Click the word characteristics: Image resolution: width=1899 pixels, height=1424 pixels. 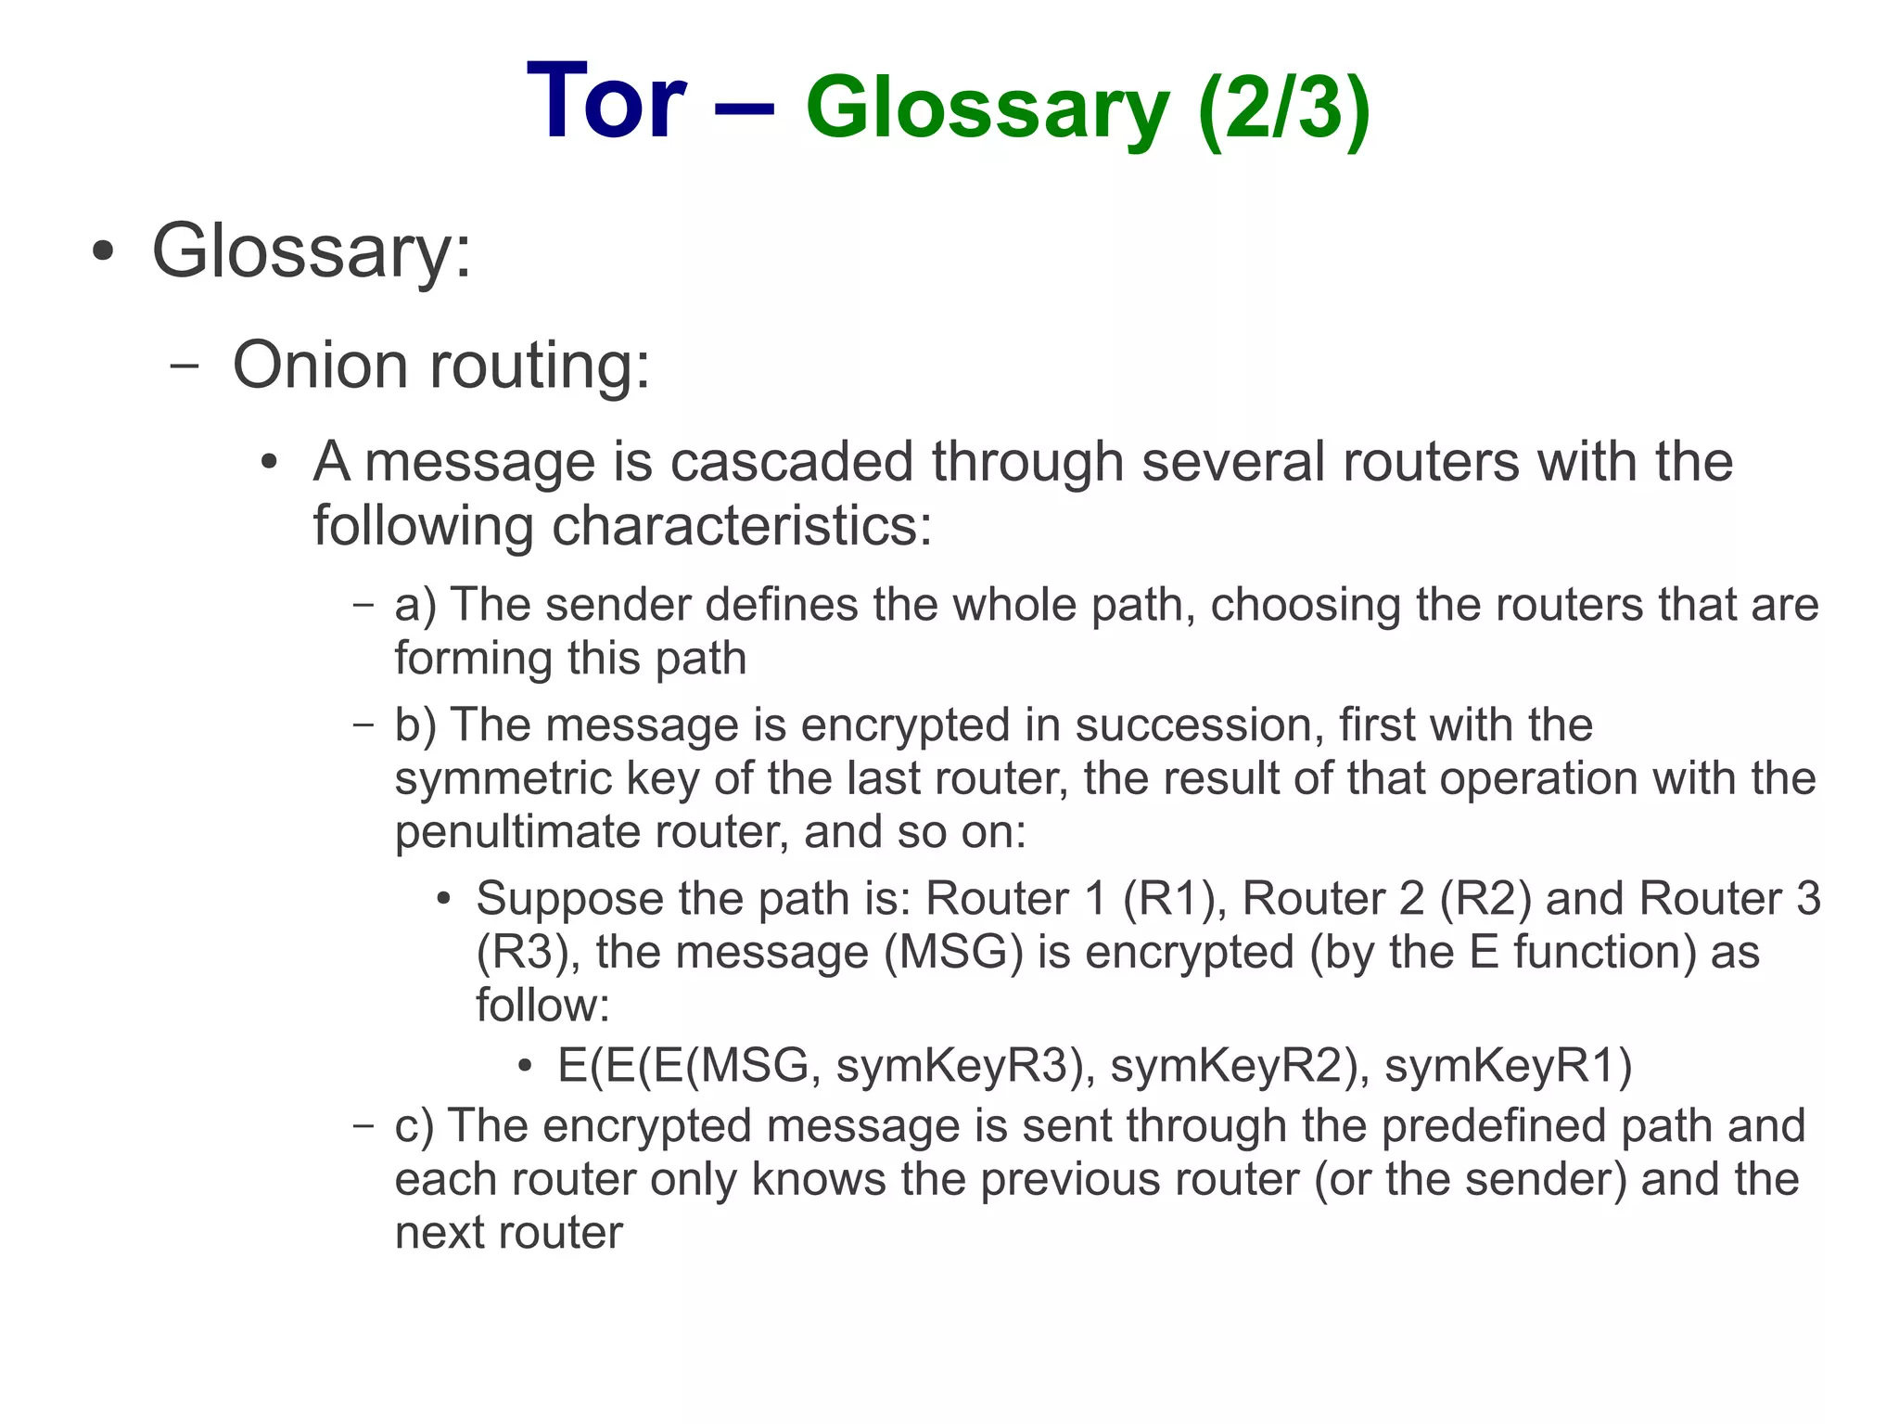742,525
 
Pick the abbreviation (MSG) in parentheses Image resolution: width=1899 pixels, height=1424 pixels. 953,953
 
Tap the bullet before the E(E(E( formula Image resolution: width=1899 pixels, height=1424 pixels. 525,1066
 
